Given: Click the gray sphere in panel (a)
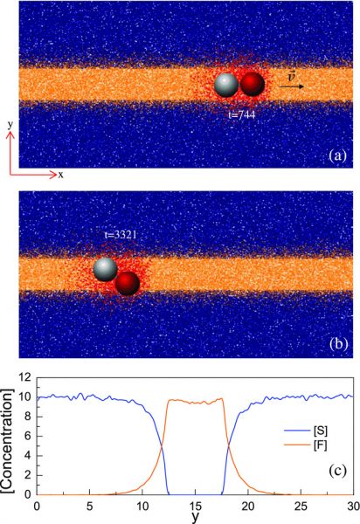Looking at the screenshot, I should coord(226,85).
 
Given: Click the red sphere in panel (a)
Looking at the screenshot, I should coord(253,84).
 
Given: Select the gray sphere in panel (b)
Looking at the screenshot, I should coord(106,269).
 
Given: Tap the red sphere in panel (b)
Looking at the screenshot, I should coord(128,283).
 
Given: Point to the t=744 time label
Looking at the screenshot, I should coord(241,113).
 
